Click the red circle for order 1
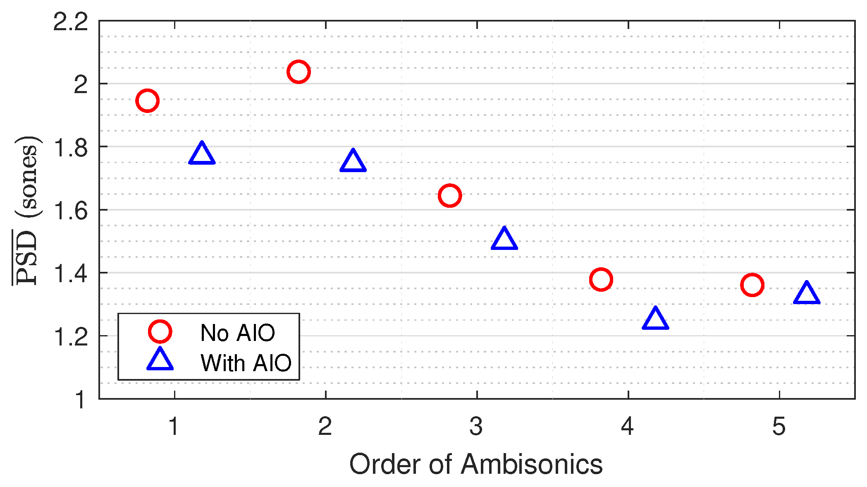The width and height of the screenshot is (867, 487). [147, 101]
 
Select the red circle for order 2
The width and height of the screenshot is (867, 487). [299, 72]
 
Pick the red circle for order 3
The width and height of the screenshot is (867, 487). [449, 195]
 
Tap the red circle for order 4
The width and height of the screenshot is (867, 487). [601, 280]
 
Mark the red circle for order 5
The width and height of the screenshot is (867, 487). [752, 285]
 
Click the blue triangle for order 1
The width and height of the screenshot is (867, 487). [202, 154]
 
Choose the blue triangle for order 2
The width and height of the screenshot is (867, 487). [353, 161]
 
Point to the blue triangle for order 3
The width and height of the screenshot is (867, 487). [504, 239]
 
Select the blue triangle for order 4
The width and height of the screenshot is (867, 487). [655, 319]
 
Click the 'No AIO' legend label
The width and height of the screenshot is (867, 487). [237, 333]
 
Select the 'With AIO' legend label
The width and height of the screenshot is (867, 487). [246, 363]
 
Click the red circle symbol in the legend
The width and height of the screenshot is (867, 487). [160, 331]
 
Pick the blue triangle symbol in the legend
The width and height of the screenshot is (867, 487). [160, 360]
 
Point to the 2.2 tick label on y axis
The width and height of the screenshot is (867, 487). [71, 22]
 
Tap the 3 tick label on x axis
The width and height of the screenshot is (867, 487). [476, 426]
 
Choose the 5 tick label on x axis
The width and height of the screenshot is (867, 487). [779, 426]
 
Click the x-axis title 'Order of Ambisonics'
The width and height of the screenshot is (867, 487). [476, 464]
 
